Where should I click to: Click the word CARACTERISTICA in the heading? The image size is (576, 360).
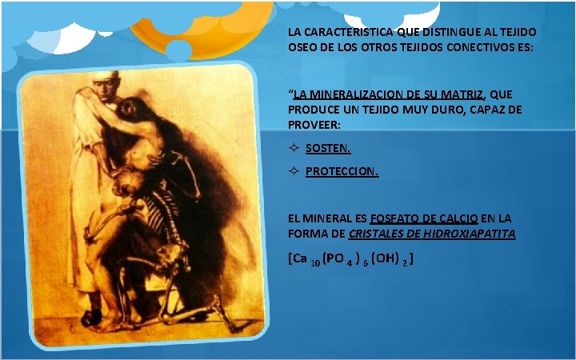pyautogui.click(x=338, y=33)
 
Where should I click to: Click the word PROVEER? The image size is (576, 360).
pyautogui.click(x=314, y=124)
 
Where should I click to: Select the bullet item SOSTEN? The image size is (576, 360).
pyautogui.click(x=328, y=148)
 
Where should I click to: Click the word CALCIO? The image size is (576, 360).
pyautogui.click(x=461, y=218)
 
